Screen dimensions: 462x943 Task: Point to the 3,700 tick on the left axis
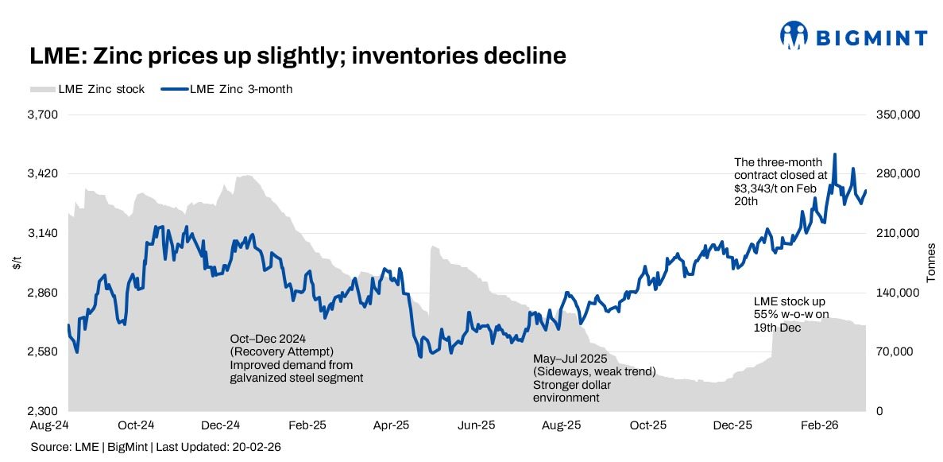pos(44,115)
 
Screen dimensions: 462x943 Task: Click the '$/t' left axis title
pos(17,263)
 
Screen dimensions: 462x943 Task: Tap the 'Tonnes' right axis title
pos(931,263)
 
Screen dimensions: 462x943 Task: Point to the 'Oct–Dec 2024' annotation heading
pos(263,339)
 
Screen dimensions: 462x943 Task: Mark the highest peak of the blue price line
pos(834,154)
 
